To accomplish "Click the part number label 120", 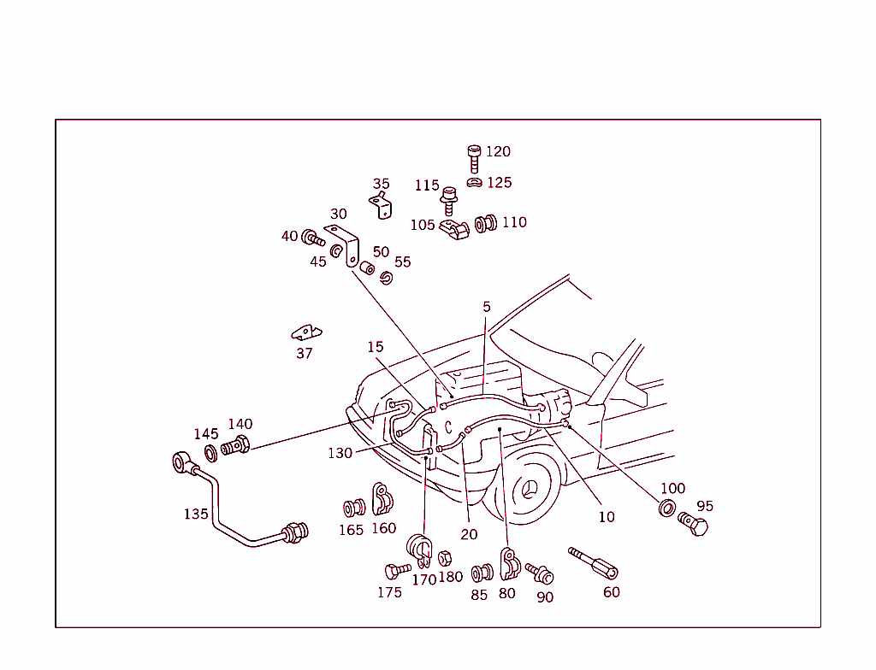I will click(x=498, y=151).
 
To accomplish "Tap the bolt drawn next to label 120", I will click(x=474, y=158).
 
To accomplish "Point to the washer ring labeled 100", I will click(x=666, y=508).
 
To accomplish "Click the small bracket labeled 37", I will click(x=305, y=332).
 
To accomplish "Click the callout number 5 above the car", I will click(x=486, y=307).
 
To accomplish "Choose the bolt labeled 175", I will click(x=398, y=569).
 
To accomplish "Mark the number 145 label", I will click(x=206, y=433).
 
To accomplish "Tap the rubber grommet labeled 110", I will click(x=486, y=224).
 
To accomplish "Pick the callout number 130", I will click(x=340, y=453).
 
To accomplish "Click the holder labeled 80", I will click(x=509, y=564).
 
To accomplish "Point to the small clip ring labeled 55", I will click(x=386, y=278).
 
